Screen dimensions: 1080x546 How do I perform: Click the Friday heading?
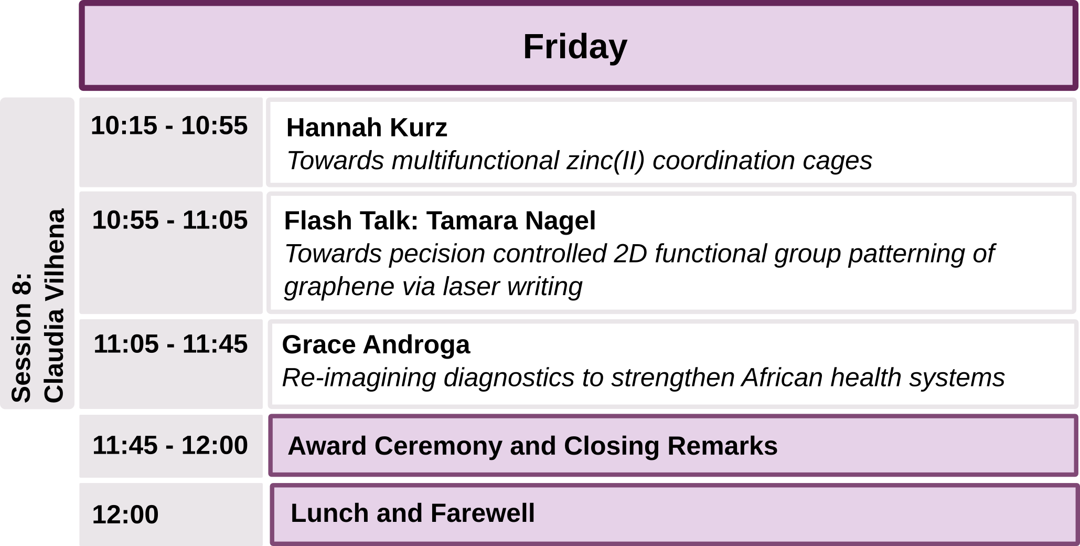575,47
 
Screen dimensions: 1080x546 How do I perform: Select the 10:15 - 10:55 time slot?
169,126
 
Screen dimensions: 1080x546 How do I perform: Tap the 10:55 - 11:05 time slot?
170,220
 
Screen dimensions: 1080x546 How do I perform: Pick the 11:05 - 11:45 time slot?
170,344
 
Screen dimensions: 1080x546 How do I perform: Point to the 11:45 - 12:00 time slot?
170,445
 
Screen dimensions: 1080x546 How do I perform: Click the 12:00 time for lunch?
125,514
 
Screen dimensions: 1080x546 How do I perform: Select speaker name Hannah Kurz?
367,128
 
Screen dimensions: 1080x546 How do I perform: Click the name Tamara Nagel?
511,220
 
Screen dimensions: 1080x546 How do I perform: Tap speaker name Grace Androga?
376,345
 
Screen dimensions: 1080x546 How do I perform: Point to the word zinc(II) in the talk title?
605,161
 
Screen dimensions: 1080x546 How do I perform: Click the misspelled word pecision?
436,254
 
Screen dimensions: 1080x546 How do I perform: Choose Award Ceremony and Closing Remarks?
532,446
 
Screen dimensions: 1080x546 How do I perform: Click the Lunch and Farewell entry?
413,513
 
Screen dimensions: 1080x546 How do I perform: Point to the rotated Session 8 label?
22,338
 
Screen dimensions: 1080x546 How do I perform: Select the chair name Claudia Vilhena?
54,306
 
